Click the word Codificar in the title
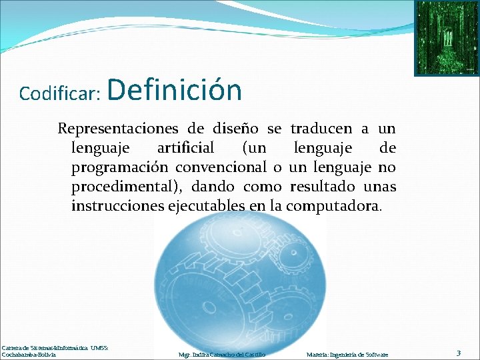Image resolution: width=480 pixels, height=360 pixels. [x=59, y=94]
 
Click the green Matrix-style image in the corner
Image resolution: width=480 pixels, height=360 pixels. [x=446, y=37]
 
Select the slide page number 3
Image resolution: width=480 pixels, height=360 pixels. [x=459, y=352]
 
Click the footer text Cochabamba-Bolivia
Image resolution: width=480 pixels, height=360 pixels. [x=29, y=355]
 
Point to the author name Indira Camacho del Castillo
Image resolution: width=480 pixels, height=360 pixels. [x=222, y=355]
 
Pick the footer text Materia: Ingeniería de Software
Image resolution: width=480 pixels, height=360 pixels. [x=347, y=355]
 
